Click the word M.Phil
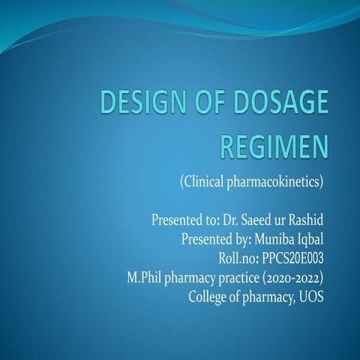point(145,276)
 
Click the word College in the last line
point(209,295)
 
